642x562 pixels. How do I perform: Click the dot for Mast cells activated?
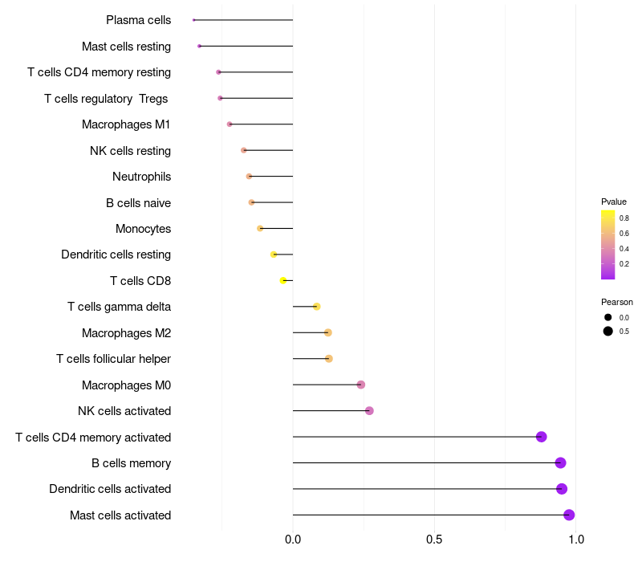[569, 515]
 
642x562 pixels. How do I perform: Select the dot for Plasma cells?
[194, 20]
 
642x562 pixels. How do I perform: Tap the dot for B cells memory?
[560, 463]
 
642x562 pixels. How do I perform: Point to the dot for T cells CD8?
[283, 281]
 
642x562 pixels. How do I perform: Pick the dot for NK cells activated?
[369, 411]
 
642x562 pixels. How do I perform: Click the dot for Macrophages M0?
[361, 385]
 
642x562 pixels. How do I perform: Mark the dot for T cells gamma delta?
[317, 307]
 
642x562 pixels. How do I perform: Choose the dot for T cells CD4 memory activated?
[542, 437]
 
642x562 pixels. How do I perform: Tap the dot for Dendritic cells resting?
[274, 255]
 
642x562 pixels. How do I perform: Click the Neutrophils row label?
[141, 177]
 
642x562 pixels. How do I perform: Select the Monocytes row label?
[143, 229]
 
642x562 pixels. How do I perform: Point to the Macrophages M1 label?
[126, 124]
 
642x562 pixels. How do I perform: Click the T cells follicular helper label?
[113, 359]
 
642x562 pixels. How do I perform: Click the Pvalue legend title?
[614, 202]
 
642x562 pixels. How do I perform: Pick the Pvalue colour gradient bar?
[608, 244]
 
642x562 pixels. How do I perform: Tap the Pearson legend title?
[617, 302]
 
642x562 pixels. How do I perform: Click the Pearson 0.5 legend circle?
[608, 331]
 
